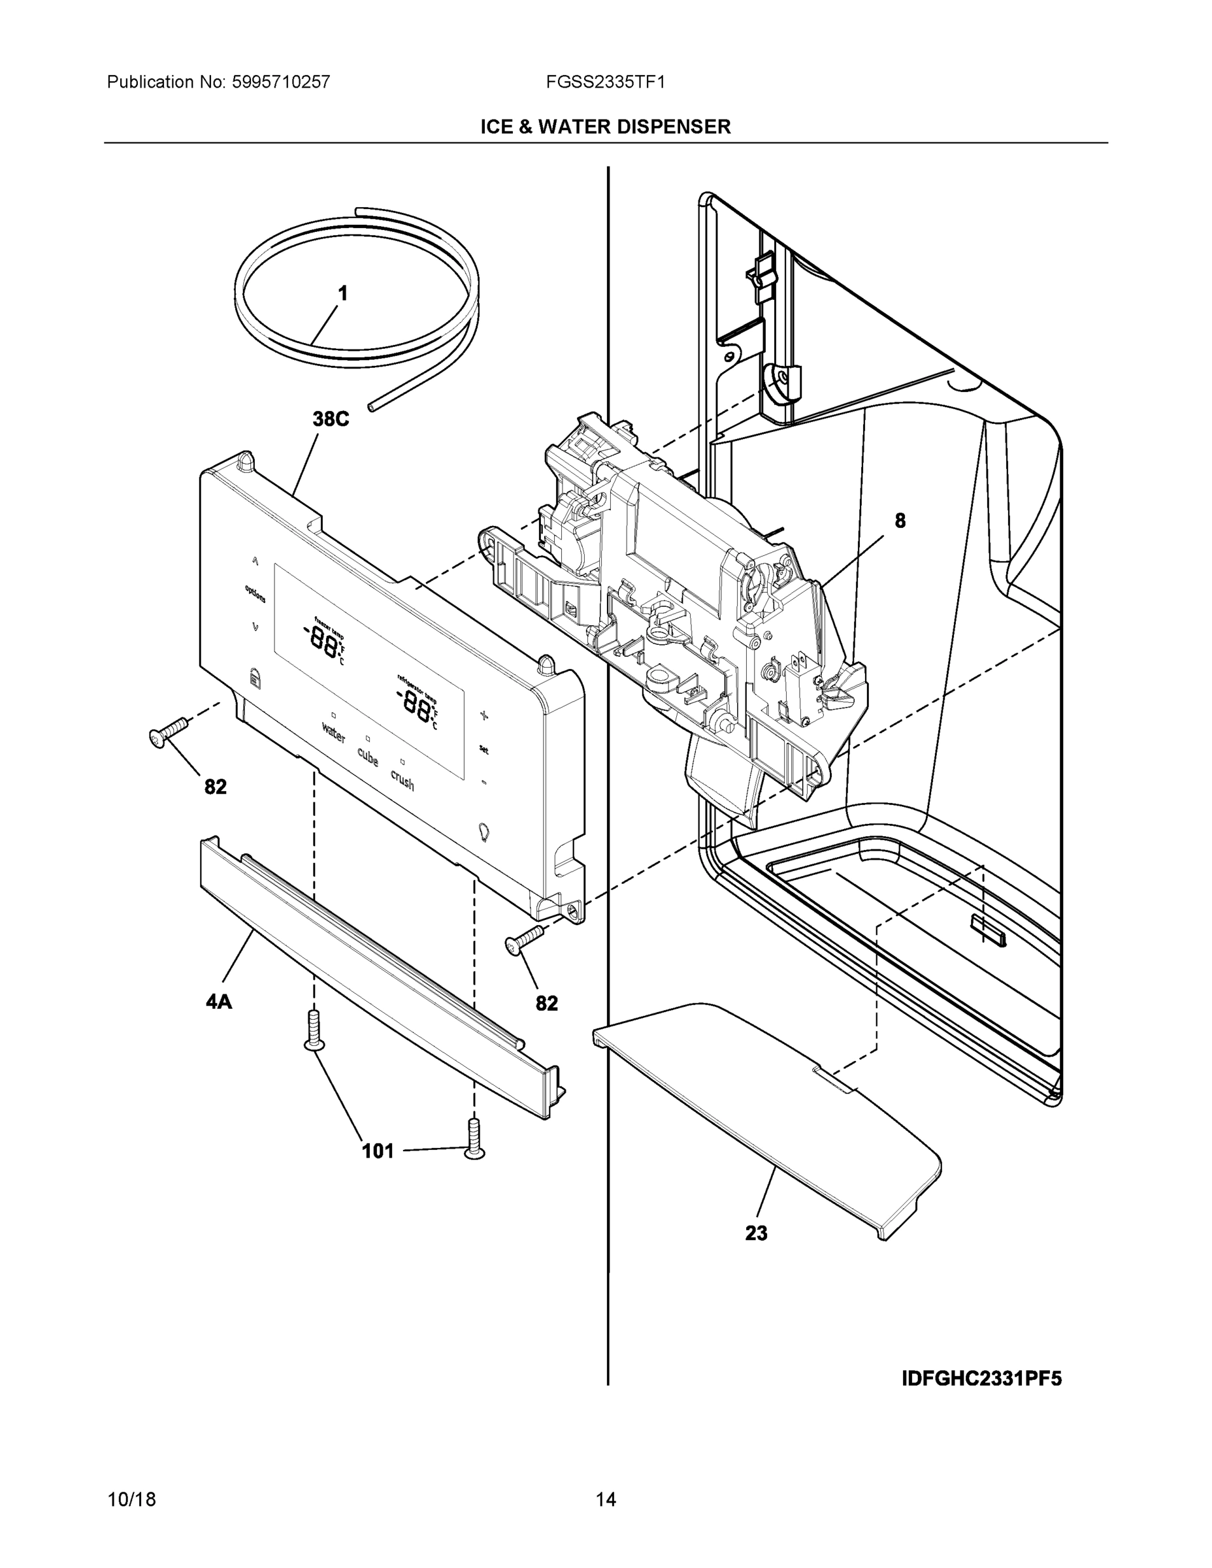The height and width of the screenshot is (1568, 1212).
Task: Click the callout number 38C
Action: [x=331, y=419]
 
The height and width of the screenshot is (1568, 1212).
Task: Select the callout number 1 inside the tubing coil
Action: [x=343, y=293]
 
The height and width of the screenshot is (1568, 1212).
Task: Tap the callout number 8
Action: [x=900, y=521]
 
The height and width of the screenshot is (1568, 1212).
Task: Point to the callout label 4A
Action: [x=219, y=1002]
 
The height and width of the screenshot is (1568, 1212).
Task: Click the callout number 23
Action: [x=756, y=1233]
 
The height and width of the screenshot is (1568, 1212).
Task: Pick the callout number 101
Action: [x=378, y=1152]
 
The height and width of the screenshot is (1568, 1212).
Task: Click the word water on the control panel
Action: [x=333, y=732]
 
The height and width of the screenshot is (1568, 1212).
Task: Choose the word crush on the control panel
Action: [x=402, y=779]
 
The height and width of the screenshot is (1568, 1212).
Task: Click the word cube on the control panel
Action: [x=368, y=757]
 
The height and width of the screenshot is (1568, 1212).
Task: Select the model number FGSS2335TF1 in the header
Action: [x=605, y=82]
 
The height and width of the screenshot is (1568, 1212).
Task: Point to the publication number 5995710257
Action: [x=281, y=82]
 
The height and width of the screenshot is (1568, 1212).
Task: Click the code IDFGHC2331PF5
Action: [x=981, y=1379]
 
